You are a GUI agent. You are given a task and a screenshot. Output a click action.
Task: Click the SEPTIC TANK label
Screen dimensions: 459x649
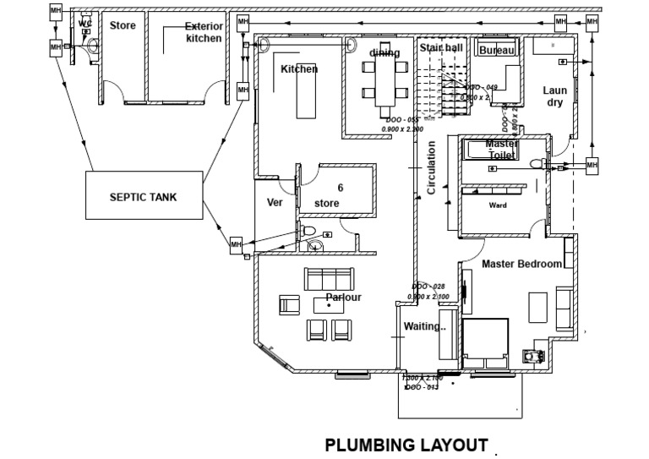143,196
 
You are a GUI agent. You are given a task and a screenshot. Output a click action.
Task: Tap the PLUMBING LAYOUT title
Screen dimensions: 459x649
406,445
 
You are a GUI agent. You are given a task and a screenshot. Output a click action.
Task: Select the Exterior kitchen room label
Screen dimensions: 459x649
204,32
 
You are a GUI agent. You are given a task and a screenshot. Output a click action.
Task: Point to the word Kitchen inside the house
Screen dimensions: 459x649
299,68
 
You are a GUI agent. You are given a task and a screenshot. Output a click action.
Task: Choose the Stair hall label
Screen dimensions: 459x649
441,48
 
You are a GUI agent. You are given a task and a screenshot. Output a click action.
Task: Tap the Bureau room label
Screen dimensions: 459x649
496,51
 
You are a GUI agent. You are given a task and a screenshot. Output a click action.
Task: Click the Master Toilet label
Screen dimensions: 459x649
502,150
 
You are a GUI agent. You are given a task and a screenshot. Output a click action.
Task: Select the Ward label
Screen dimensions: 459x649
498,205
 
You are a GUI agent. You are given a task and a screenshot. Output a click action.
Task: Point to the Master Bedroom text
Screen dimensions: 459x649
521,264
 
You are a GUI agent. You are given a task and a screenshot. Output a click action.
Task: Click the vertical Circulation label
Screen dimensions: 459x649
431,167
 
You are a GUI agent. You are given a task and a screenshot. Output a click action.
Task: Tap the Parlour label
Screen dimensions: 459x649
343,298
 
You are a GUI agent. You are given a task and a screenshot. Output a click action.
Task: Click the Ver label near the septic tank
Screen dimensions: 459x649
274,203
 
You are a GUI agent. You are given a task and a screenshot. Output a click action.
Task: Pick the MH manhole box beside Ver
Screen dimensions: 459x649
237,244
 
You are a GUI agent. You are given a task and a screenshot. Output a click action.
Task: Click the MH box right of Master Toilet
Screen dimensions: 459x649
592,164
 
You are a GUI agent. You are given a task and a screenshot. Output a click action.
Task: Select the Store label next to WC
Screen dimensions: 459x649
123,26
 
